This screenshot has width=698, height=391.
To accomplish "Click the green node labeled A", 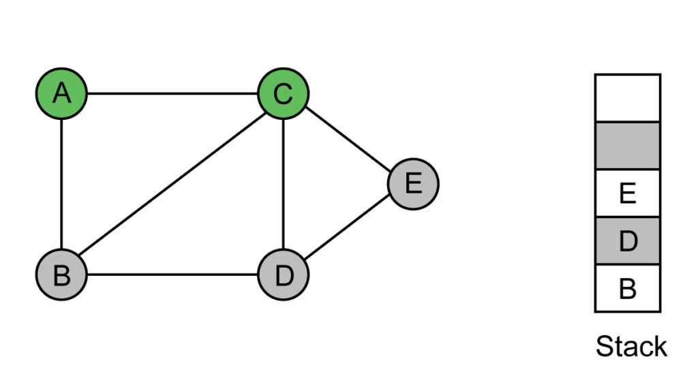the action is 61,93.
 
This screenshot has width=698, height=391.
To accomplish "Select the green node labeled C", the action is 283,93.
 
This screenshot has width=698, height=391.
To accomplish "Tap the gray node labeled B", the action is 61,275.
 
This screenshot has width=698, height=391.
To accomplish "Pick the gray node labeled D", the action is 283,275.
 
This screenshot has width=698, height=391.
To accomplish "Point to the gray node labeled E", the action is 413,184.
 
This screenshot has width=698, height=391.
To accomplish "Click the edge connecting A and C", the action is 172,93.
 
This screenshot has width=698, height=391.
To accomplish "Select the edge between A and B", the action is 61,184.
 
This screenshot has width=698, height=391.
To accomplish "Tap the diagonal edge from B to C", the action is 172,184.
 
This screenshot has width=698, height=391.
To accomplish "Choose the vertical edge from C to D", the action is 283,184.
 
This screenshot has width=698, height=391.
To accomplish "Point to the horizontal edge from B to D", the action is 172,275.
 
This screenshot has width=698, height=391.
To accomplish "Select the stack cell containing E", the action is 628,193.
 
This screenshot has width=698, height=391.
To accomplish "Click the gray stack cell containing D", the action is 628,241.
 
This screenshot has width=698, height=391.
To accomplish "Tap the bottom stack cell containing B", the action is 628,288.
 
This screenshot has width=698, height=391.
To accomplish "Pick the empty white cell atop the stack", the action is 628,98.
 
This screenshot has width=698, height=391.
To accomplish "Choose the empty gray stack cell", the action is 628,146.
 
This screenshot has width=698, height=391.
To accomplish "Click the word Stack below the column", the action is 631,347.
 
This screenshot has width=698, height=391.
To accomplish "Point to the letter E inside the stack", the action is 628,193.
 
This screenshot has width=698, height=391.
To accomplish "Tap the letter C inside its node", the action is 283,94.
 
